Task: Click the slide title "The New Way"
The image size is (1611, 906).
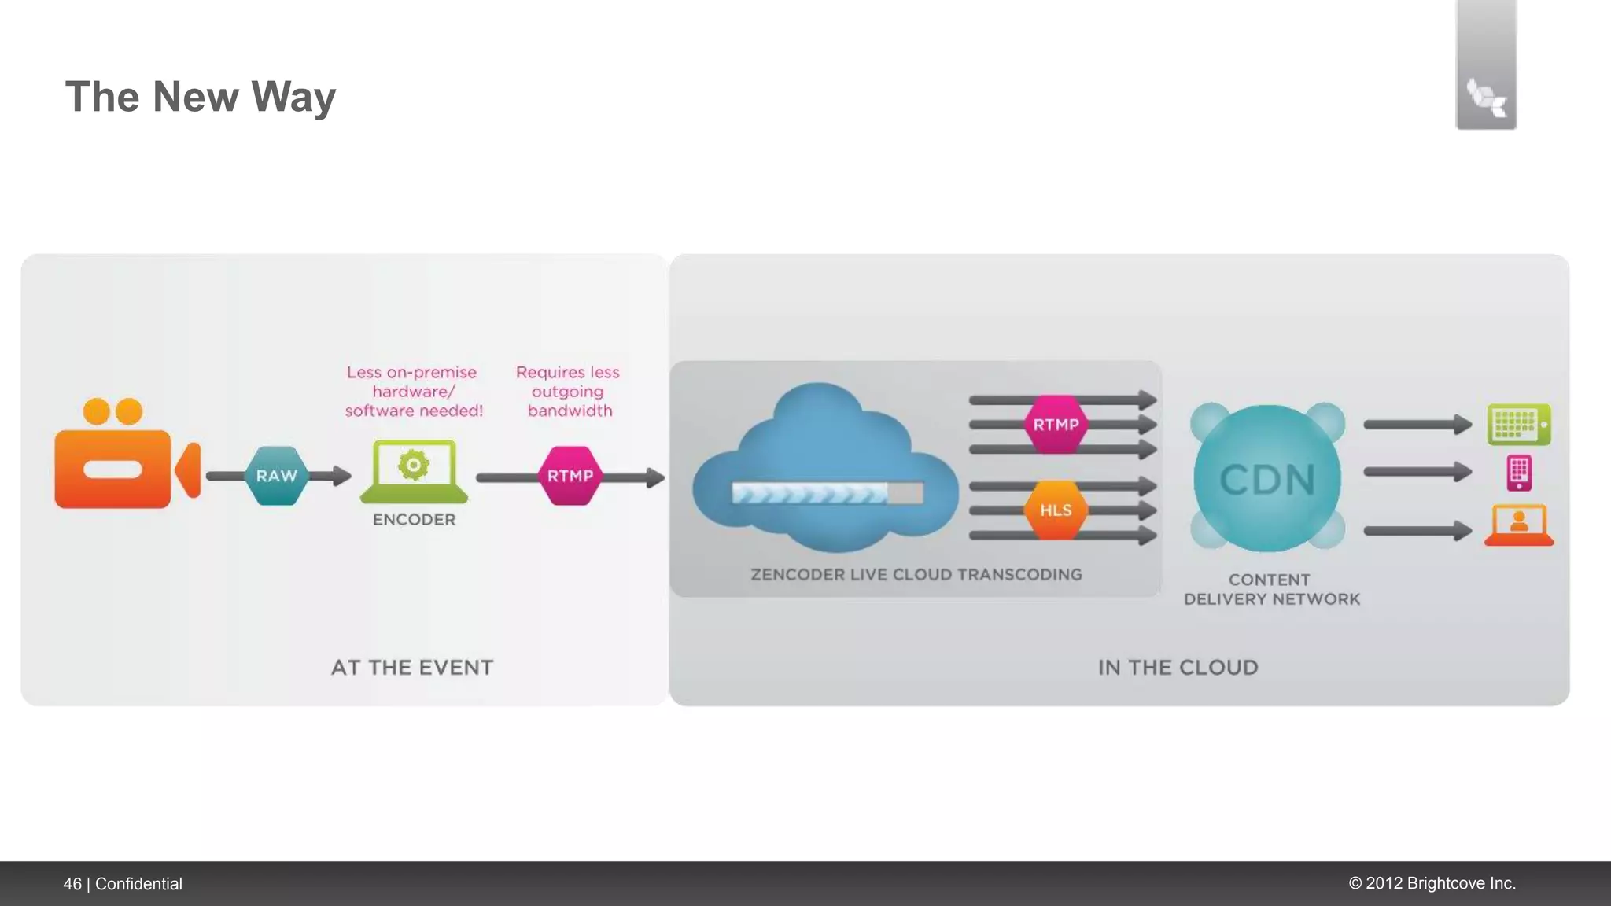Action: coord(201,97)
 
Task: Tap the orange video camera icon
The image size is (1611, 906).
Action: coord(126,460)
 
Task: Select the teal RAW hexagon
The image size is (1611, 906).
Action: coord(276,476)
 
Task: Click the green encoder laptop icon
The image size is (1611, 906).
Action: coord(414,471)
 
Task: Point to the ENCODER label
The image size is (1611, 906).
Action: coord(414,520)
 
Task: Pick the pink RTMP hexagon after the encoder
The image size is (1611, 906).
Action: coord(570,476)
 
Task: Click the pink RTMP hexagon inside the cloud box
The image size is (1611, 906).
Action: coord(1056,425)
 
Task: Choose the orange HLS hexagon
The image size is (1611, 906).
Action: coord(1056,510)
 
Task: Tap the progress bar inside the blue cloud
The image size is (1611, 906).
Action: coord(827,493)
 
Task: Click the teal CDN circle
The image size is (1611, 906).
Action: coord(1267,478)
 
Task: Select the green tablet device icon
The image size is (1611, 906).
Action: coord(1519,425)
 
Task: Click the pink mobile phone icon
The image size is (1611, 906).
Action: coord(1519,473)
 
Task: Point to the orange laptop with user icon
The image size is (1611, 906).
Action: coord(1519,525)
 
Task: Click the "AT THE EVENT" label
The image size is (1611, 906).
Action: coord(412,668)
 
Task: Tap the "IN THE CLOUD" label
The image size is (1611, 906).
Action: coord(1178,668)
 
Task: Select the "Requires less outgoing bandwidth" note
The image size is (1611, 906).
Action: coord(568,392)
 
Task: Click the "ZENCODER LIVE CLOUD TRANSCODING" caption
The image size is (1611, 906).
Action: coord(916,575)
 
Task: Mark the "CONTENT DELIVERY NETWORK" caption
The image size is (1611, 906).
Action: coord(1271,589)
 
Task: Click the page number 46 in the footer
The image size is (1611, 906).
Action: coord(72,884)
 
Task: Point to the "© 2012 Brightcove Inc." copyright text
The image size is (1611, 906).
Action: coord(1432,883)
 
